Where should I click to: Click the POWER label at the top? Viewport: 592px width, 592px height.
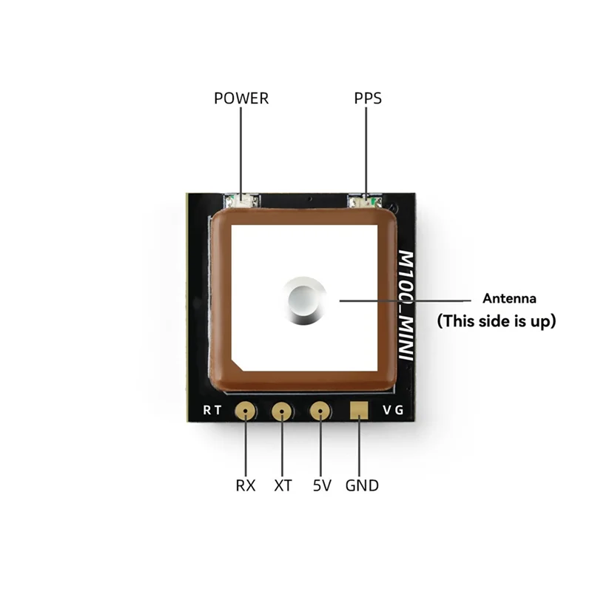coord(241,98)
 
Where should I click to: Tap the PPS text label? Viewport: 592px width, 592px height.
coord(368,98)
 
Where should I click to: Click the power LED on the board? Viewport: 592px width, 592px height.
coord(241,199)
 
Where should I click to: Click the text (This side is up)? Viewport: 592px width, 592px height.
coord(496,321)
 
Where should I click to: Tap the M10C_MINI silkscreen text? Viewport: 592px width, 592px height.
coord(406,305)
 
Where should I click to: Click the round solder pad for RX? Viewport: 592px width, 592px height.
coord(245,411)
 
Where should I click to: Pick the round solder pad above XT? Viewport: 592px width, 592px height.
coord(282,411)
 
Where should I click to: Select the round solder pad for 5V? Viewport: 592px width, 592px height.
coord(320,411)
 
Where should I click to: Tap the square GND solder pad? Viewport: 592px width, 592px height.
coord(359,410)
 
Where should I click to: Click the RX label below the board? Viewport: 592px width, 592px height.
coord(246,485)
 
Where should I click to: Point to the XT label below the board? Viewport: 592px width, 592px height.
coord(283,485)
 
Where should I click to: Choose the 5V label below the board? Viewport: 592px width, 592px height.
coord(322,485)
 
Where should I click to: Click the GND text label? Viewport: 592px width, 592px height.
coord(362,485)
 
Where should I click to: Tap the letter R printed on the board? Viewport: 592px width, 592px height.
coord(207,411)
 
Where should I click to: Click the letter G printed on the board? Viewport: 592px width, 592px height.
coord(400,411)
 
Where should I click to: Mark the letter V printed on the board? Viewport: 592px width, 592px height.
coord(386,411)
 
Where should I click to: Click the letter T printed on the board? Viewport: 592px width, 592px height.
coord(218,411)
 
